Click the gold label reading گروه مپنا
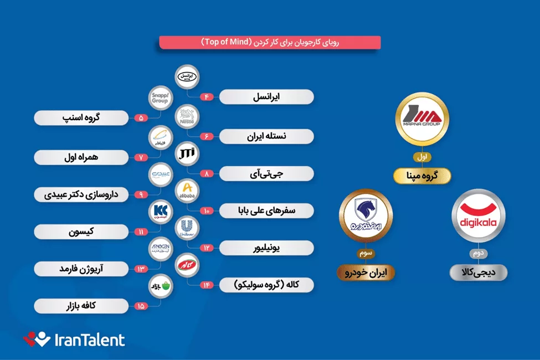pyautogui.click(x=422, y=176)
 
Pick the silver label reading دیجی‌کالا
pyautogui.click(x=479, y=272)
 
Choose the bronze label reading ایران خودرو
pyautogui.click(x=365, y=272)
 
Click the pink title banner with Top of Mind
pyautogui.click(x=270, y=42)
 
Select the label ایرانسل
pyautogui.click(x=266, y=97)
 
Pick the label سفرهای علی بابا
pyautogui.click(x=266, y=210)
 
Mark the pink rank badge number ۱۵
pyautogui.click(x=140, y=306)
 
